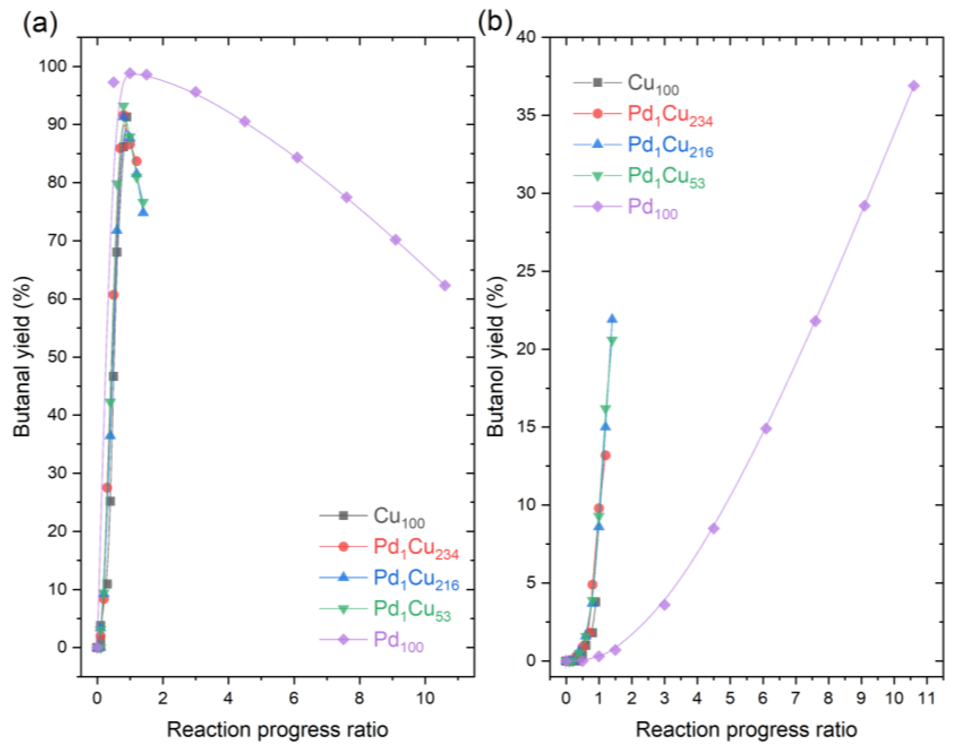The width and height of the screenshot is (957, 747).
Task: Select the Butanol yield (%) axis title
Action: [x=496, y=357]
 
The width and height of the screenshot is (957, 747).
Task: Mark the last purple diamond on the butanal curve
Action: [x=445, y=285]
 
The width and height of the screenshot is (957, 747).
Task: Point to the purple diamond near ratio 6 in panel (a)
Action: [x=297, y=158]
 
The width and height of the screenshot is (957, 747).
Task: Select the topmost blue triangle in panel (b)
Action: [x=612, y=319]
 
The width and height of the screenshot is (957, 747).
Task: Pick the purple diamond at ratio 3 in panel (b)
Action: [x=664, y=605]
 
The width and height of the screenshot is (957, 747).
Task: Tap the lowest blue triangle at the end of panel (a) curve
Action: [x=143, y=212]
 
